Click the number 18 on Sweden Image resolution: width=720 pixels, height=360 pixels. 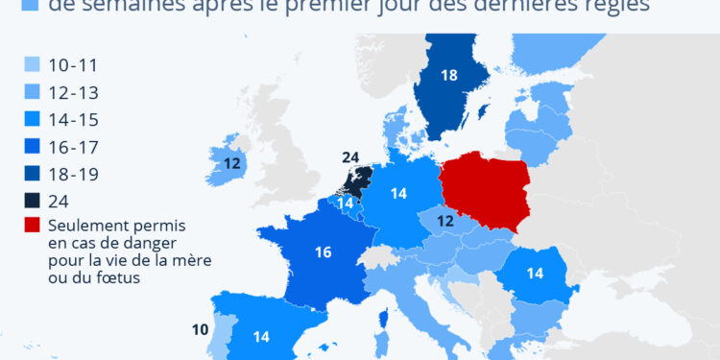(448, 76)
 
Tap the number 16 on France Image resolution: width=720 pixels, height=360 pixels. (324, 253)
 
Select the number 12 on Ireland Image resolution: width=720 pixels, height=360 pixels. (232, 164)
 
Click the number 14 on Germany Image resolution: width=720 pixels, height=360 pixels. (398, 194)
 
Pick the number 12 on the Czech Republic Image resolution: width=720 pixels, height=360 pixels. (445, 221)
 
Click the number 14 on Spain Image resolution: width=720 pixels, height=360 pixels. (261, 336)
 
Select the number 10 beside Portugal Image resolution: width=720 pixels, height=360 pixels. (200, 330)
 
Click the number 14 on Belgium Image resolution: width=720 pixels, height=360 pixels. (346, 204)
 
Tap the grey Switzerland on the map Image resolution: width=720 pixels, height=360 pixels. (383, 256)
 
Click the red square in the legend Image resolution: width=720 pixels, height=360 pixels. (33, 227)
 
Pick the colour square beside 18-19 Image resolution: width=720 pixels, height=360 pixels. (33, 174)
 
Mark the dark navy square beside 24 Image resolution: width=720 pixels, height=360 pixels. (33, 201)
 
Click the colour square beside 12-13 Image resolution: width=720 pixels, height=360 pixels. (33, 93)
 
